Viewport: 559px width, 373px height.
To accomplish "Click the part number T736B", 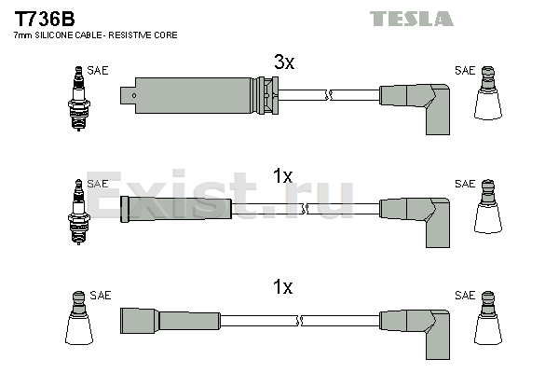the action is pyautogui.click(x=45, y=19).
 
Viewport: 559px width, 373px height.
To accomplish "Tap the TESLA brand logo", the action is pyautogui.click(x=412, y=19).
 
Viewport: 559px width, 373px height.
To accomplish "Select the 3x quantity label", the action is pyautogui.click(x=284, y=62).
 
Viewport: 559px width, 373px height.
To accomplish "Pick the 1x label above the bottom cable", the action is pyautogui.click(x=282, y=286).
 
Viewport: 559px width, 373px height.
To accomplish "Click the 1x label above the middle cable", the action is pyautogui.click(x=282, y=176).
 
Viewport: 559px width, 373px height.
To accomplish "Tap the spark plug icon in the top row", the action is pyautogui.click(x=79, y=98).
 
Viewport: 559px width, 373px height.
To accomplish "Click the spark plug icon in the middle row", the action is pyautogui.click(x=79, y=212).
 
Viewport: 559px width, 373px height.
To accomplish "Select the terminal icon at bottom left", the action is pyautogui.click(x=79, y=318).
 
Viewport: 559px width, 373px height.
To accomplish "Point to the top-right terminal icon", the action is pyautogui.click(x=487, y=93).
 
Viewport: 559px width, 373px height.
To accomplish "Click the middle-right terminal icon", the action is pyautogui.click(x=487, y=206).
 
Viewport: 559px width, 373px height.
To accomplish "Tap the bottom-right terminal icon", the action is pyautogui.click(x=487, y=318).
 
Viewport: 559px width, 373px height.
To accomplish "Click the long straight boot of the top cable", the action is pyautogui.click(x=199, y=95).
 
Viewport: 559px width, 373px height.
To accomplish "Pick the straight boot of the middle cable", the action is pyautogui.click(x=176, y=209).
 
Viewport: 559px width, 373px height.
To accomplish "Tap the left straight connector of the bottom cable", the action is pyautogui.click(x=170, y=321).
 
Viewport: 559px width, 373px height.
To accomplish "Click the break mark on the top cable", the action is pyautogui.click(x=329, y=95).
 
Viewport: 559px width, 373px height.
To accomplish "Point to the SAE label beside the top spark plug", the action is pyautogui.click(x=97, y=70).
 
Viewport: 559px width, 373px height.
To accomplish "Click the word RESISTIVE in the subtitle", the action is pyautogui.click(x=130, y=35).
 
